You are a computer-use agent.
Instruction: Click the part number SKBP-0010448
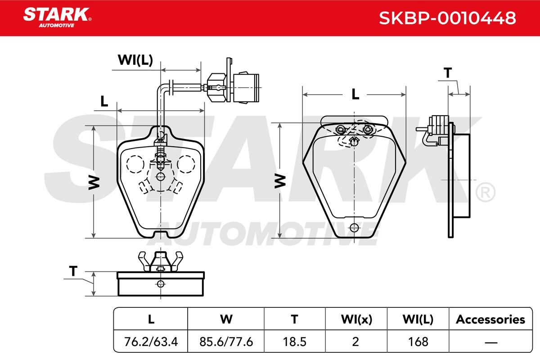(447, 18)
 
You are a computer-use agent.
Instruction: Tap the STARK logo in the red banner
(57, 18)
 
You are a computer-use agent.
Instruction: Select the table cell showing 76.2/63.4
(151, 342)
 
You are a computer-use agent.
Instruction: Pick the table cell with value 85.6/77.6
(226, 342)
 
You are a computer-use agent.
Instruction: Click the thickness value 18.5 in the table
(294, 342)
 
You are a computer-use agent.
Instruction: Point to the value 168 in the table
(418, 342)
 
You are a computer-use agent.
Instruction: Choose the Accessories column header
(490, 319)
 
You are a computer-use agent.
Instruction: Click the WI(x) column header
(356, 319)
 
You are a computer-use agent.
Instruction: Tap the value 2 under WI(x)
(355, 342)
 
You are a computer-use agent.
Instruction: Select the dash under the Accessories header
(491, 342)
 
